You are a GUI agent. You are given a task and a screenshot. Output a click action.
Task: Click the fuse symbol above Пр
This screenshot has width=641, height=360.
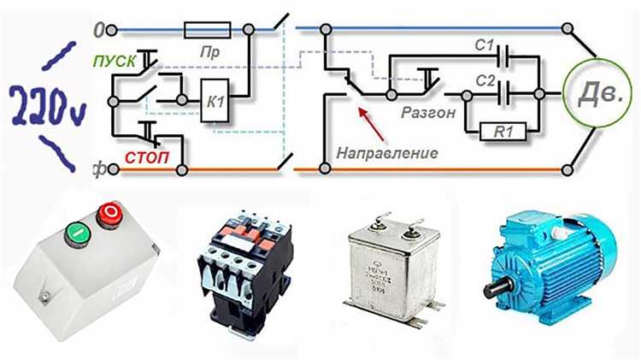(x=206, y=30)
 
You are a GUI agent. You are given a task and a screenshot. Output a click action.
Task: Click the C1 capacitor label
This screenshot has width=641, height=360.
(x=485, y=44)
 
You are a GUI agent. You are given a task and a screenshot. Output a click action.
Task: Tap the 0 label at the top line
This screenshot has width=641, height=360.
(x=98, y=30)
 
